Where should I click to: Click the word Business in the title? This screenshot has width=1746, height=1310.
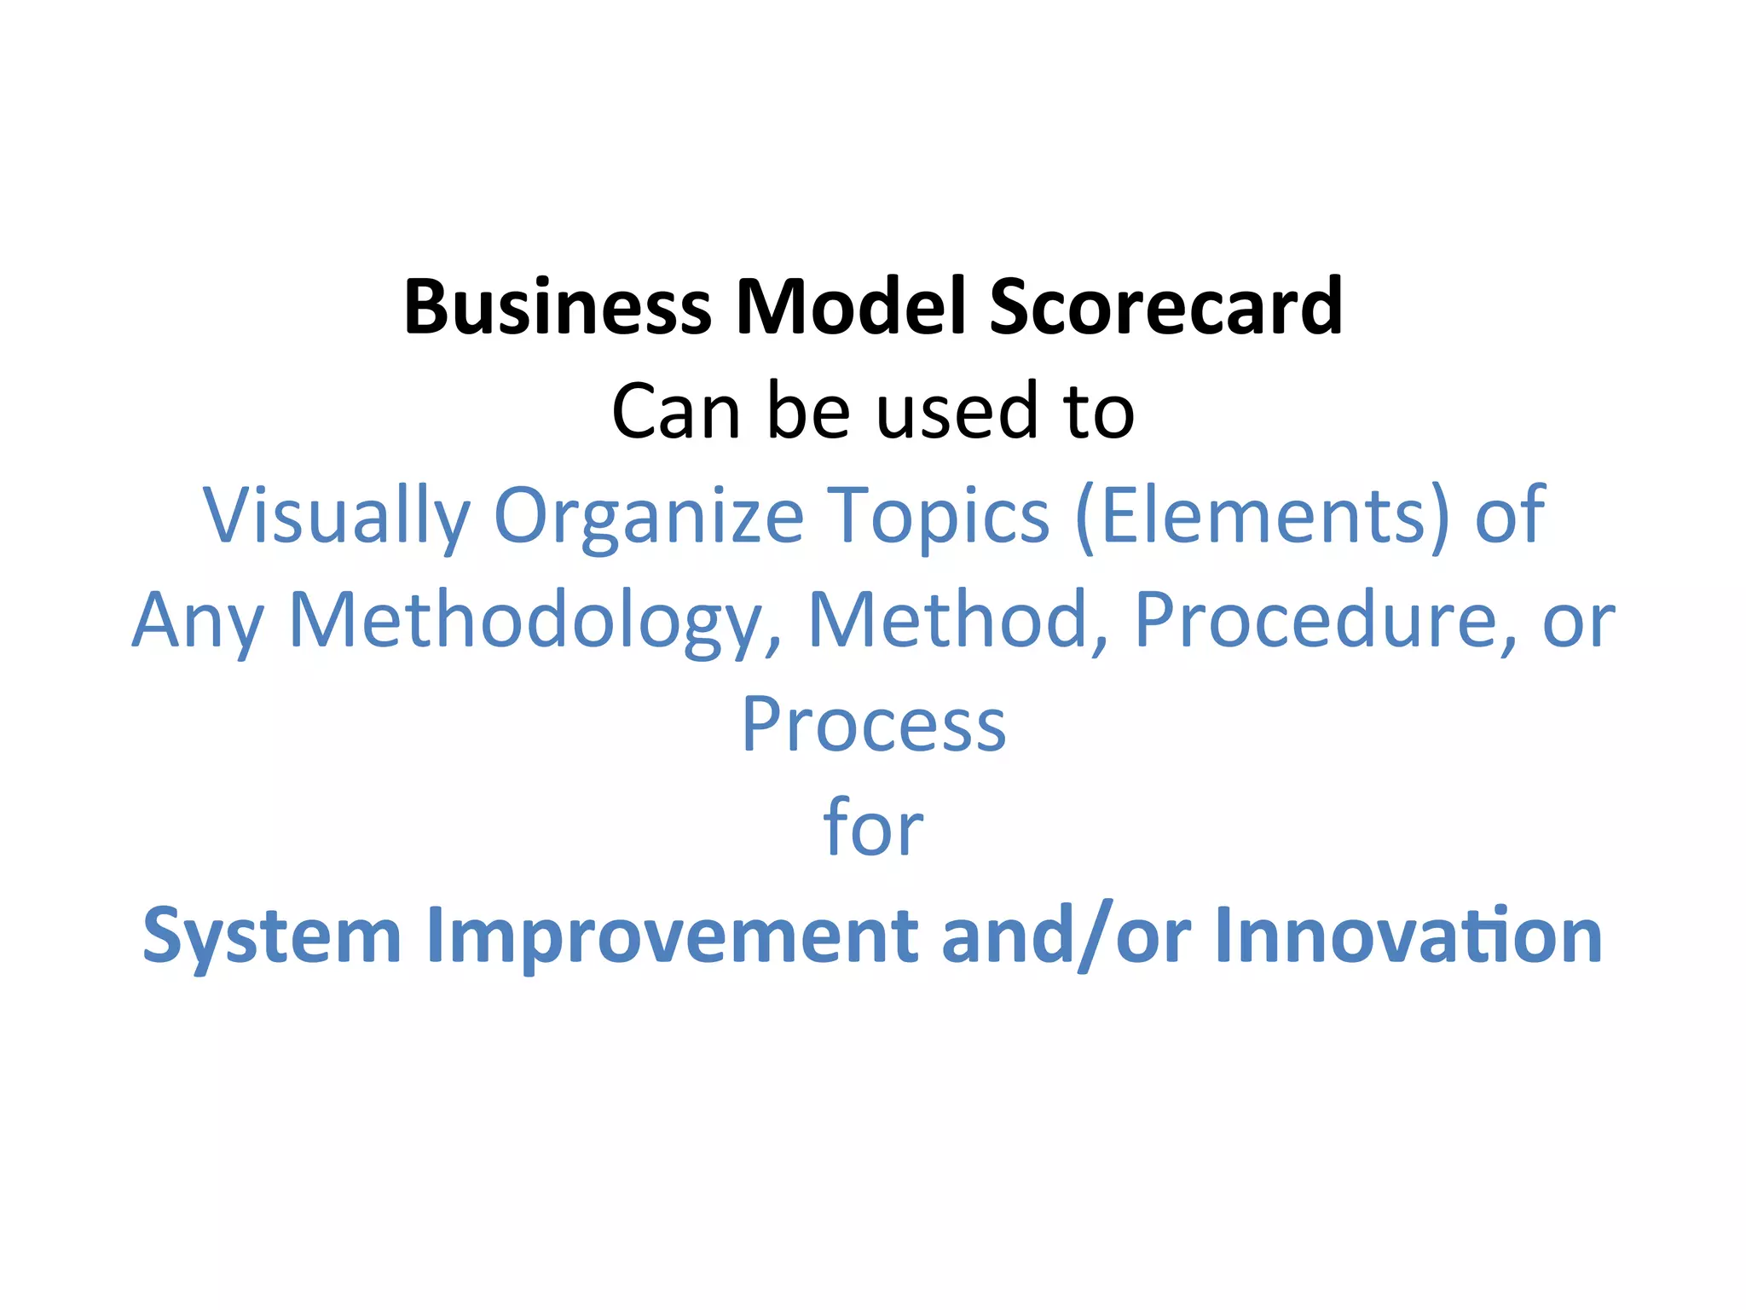[557, 307]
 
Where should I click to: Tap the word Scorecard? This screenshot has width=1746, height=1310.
[1165, 307]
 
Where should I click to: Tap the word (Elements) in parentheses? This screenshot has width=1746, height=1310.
[1262, 516]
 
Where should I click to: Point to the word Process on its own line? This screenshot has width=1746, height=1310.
[874, 725]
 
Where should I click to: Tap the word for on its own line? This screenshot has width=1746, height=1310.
[873, 827]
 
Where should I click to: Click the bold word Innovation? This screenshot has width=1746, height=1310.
[1408, 935]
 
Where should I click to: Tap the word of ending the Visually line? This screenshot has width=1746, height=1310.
[1509, 514]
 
